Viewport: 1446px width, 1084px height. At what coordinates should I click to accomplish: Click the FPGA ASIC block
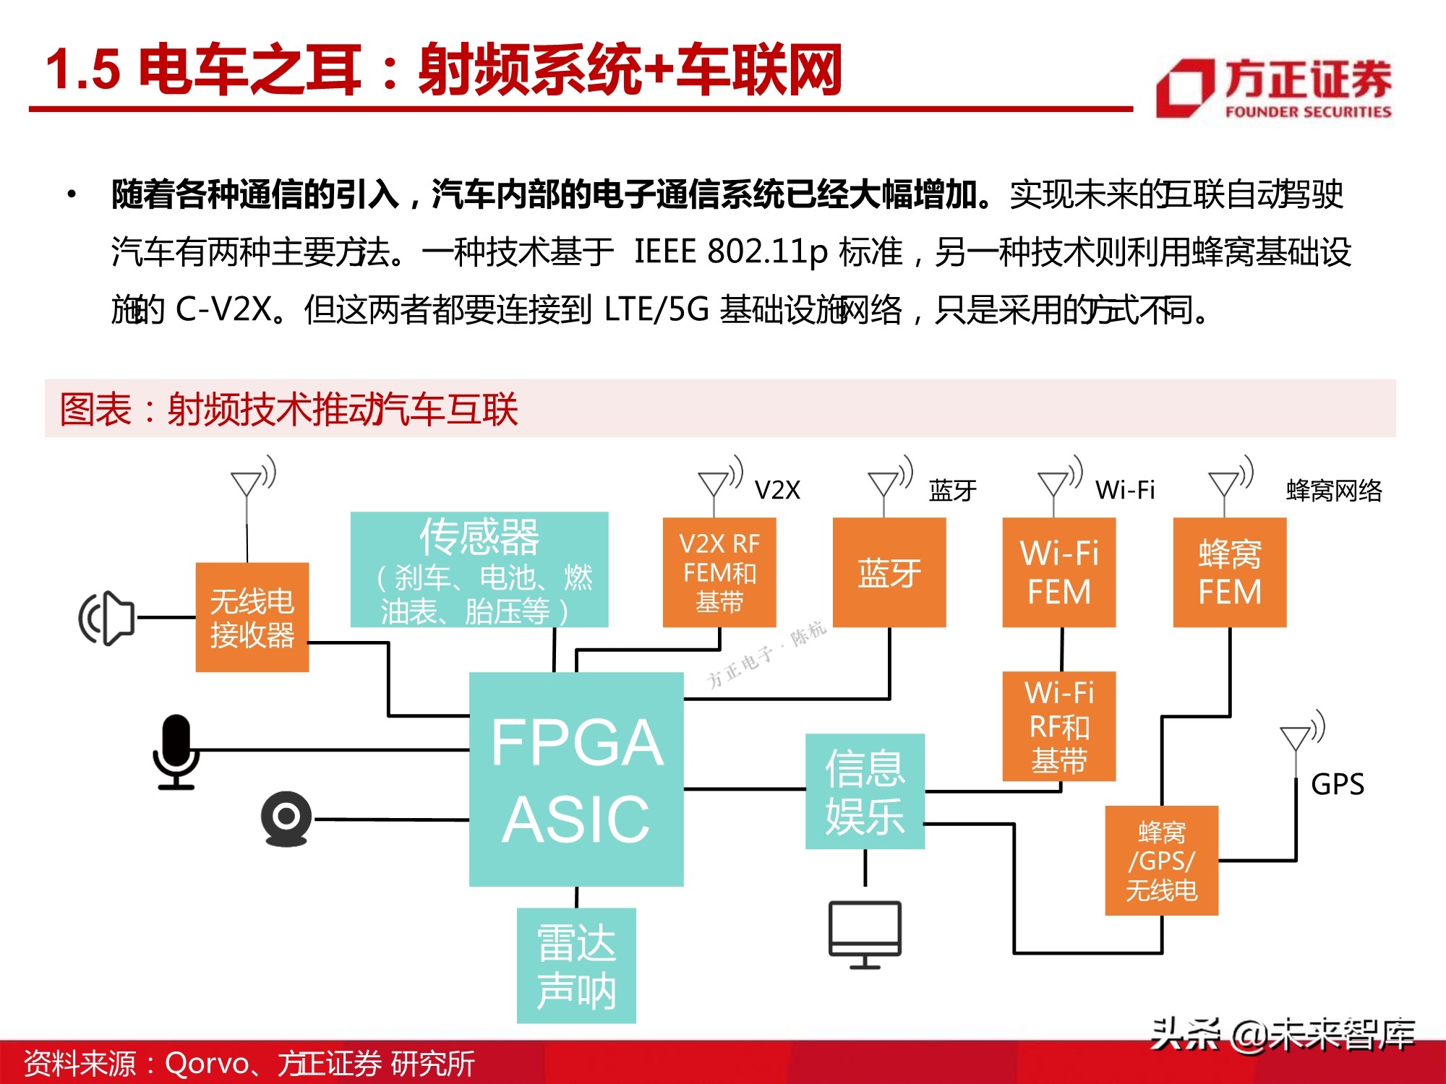point(576,779)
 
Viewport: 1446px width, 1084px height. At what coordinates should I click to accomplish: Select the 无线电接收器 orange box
point(252,617)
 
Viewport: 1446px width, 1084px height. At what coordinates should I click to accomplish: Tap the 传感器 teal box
point(479,569)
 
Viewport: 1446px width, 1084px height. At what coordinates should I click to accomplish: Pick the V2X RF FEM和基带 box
point(719,572)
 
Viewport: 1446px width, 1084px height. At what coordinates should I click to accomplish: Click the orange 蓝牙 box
point(889,572)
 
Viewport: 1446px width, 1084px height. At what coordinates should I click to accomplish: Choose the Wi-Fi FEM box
point(1059,572)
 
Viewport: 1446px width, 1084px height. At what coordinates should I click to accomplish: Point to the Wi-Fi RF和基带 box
point(1059,726)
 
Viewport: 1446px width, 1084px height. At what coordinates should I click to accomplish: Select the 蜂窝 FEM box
point(1230,572)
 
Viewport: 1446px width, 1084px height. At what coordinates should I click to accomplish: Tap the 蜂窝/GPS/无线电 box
point(1162,861)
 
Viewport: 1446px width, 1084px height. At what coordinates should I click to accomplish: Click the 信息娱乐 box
point(865,791)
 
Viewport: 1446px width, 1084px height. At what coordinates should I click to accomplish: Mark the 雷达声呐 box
point(576,965)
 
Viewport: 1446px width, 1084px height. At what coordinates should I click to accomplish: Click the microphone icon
point(176,752)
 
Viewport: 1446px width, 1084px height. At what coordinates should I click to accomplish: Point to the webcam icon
point(286,819)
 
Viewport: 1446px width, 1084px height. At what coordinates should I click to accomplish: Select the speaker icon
point(107,618)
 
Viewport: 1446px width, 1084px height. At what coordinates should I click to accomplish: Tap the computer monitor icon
point(865,934)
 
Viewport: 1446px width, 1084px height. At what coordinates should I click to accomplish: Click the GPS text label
point(1338,784)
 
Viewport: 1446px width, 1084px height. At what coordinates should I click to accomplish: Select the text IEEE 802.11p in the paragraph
point(730,252)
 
